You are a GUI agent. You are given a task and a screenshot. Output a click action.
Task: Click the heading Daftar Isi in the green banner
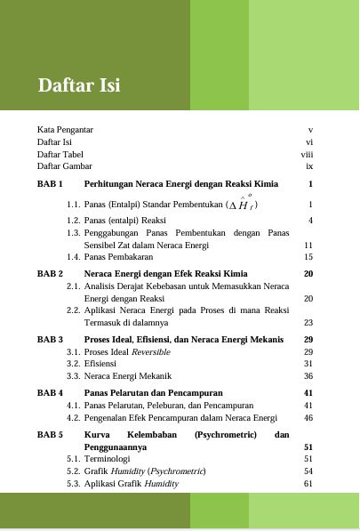(79, 86)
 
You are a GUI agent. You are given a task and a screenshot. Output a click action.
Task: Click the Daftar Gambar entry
(65, 166)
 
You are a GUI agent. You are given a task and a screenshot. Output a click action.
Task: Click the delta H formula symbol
(243, 204)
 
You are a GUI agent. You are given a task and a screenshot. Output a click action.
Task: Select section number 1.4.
(74, 256)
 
